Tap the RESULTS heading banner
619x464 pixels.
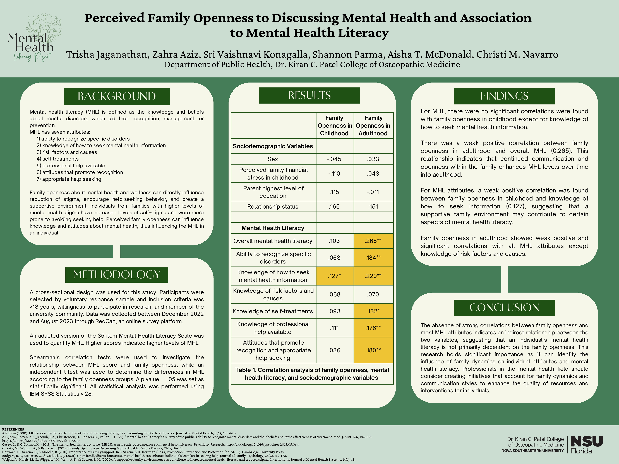click(x=309, y=95)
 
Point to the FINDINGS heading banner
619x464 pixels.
click(x=504, y=96)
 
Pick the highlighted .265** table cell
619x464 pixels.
click(x=373, y=241)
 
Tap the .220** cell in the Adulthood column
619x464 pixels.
click(x=373, y=276)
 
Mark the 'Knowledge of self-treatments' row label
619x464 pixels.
click(x=273, y=311)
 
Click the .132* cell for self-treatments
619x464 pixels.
click(x=373, y=311)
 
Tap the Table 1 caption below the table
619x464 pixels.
click(x=312, y=374)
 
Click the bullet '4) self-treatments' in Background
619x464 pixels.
click(x=58, y=159)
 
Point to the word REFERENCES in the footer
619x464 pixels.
click(x=13, y=429)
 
